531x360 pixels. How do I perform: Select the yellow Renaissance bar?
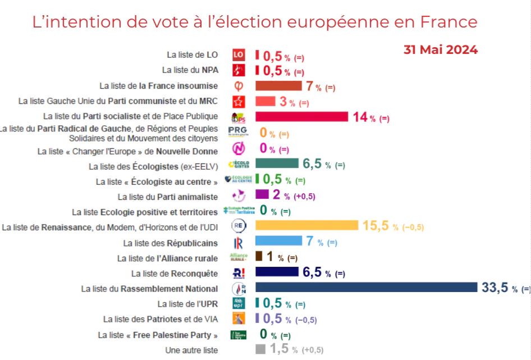306,225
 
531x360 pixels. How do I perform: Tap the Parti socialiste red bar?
302,116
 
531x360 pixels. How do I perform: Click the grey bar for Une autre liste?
260,349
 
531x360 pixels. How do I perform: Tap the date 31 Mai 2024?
440,49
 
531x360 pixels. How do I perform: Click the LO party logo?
239,54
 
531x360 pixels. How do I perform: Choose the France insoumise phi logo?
239,86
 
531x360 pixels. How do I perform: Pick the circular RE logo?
239,226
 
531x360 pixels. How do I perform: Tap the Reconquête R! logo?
239,273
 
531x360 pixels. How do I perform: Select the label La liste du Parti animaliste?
167,197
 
